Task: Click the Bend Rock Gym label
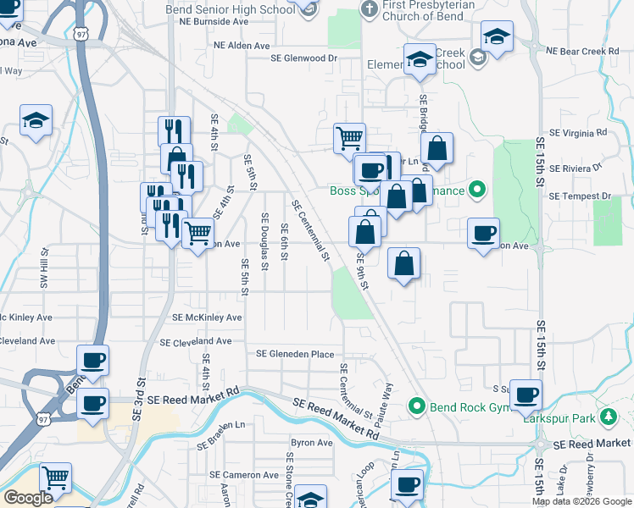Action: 465,407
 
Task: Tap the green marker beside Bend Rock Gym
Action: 417,407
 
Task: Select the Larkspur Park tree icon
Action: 608,417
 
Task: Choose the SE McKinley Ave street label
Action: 207,317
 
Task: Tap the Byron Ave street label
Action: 312,443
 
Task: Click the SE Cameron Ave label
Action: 244,475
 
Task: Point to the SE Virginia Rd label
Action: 578,133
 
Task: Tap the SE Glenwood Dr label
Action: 303,58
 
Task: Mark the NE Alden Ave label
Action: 242,46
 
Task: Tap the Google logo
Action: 28,498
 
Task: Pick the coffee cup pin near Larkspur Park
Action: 526,395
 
